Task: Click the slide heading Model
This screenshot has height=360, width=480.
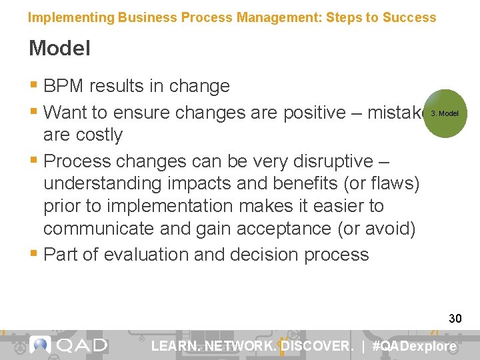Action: (x=59, y=49)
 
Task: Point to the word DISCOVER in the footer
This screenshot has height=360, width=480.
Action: (x=317, y=346)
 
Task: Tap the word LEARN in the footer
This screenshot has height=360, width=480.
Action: (x=175, y=346)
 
